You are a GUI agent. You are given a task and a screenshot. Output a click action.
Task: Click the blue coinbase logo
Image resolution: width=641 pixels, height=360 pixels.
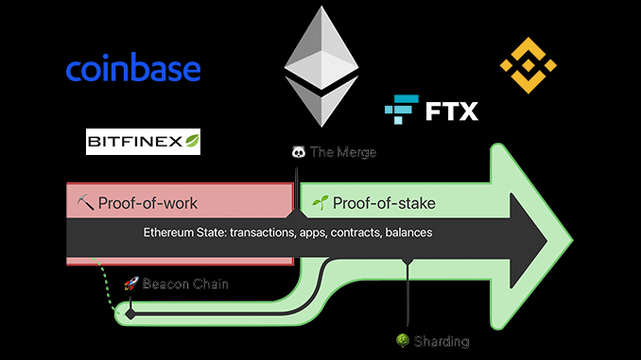coord(132,69)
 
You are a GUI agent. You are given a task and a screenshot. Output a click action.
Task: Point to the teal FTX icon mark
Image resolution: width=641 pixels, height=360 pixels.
coord(401,111)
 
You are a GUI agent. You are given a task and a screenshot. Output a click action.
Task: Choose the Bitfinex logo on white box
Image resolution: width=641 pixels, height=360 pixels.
coord(143,142)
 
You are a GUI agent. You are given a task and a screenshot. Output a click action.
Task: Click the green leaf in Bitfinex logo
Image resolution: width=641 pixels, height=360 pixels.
coord(191,142)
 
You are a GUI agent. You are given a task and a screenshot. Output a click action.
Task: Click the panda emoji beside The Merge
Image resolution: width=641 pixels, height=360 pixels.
coord(298,151)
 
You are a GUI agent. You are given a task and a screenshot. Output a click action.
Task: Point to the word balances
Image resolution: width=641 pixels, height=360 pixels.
coord(407,231)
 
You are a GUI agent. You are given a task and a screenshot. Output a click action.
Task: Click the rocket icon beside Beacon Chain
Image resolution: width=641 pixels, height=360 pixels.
coord(131,283)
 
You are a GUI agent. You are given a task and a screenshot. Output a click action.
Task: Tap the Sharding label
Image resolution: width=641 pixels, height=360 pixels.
coord(441,340)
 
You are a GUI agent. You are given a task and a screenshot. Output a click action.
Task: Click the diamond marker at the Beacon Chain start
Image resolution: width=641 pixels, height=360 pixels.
coord(130,312)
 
